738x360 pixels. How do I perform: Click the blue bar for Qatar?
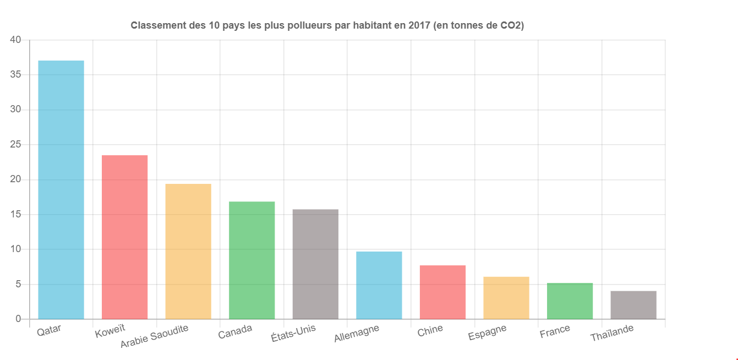[61, 189]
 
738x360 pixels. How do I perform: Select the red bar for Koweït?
[124, 237]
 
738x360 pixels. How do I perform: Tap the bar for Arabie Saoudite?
[188, 251]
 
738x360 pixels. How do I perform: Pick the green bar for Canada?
[252, 260]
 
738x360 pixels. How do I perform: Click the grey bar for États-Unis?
[315, 264]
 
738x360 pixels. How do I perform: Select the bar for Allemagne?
[379, 285]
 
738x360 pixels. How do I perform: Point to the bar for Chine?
[442, 292]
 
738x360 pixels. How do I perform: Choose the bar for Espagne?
[506, 298]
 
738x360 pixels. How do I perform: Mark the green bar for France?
[570, 301]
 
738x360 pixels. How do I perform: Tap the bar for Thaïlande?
[633, 305]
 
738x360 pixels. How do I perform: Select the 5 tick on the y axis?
[18, 285]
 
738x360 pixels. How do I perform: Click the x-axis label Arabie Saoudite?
[155, 336]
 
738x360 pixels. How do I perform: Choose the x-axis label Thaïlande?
[612, 333]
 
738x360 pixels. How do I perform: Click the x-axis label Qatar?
[49, 330]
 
